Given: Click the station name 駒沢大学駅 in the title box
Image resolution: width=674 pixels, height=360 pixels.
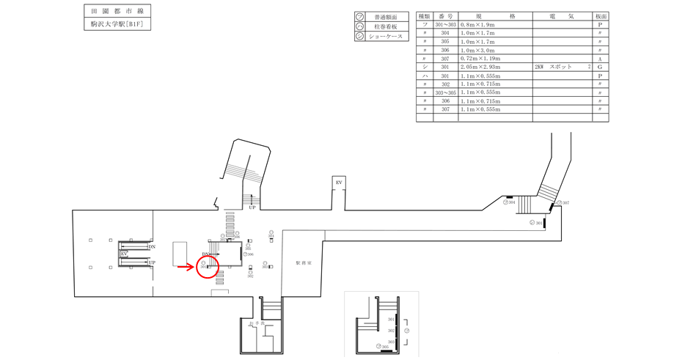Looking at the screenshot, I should (105, 24).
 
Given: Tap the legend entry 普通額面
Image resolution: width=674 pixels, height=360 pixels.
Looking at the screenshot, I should (386, 17).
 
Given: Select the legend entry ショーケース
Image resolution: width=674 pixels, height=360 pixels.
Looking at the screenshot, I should (386, 36).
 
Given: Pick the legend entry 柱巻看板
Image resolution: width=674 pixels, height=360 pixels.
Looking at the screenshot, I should (386, 26).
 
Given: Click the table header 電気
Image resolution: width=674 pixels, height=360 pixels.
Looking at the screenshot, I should (563, 15).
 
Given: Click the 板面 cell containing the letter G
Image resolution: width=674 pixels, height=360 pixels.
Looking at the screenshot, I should (600, 67).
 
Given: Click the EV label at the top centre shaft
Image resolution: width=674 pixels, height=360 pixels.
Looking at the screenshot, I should (339, 182).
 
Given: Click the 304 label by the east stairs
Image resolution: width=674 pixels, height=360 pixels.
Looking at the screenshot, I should (513, 202).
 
